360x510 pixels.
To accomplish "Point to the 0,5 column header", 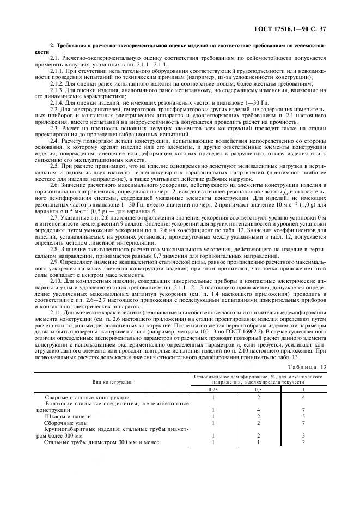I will [259, 391].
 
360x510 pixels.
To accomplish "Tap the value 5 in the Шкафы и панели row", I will [303, 416].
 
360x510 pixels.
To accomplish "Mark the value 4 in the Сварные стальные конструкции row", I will [303, 398].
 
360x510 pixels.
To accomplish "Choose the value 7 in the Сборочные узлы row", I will [303, 422].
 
